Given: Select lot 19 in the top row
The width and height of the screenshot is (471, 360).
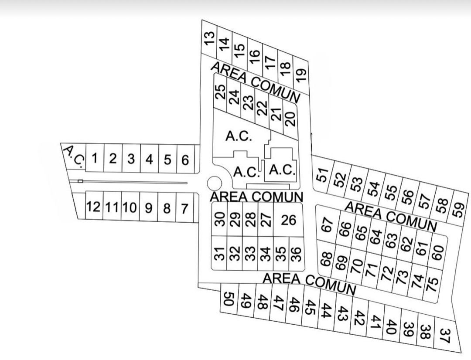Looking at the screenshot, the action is click(300, 76).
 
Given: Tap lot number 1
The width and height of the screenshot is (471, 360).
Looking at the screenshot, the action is click(95, 158).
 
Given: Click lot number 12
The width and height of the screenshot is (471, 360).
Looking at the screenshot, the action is click(93, 207).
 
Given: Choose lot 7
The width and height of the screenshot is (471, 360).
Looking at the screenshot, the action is click(184, 208).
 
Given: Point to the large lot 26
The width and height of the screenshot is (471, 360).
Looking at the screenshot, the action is click(288, 220).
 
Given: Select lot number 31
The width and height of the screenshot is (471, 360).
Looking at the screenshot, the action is click(219, 253).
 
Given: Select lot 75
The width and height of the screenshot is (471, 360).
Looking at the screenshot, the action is click(432, 284).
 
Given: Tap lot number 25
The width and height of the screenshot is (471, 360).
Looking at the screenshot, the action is click(220, 92).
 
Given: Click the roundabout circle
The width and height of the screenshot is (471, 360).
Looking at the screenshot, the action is click(215, 183).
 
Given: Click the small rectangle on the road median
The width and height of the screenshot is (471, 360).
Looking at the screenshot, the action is click(80, 181).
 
